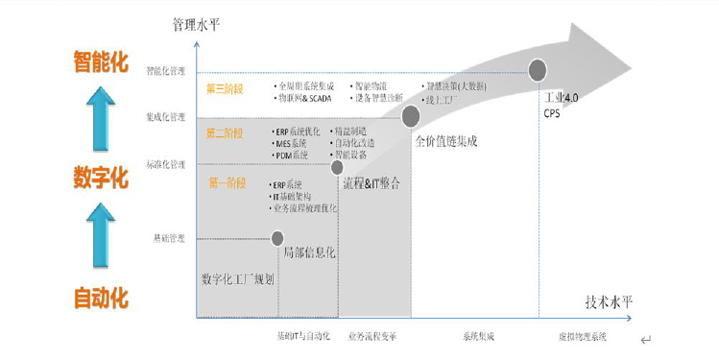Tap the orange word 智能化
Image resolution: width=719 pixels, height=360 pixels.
[101, 62]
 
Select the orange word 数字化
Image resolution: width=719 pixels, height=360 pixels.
[101, 178]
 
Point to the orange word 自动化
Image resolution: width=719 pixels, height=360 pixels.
[101, 298]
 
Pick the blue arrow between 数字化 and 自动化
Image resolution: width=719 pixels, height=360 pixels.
[100, 236]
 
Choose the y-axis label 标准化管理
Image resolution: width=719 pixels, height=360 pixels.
[165, 164]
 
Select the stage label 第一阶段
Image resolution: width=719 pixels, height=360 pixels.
[227, 182]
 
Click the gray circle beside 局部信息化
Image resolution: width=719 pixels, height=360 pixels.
[277, 237]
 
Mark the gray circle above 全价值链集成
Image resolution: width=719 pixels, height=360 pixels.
[411, 116]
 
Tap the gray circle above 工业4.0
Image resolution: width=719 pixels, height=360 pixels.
[538, 70]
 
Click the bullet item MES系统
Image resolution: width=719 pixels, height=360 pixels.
[292, 143]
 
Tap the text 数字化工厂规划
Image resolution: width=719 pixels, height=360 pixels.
[238, 279]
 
